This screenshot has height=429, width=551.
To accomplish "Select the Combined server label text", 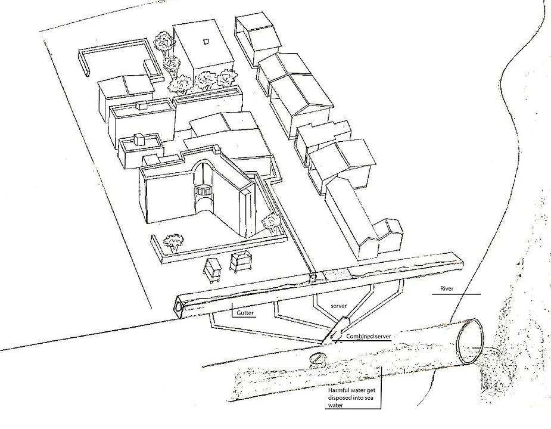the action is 368,337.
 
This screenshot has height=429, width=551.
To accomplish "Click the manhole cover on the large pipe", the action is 317,359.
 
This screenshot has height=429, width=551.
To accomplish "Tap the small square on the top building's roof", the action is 206,42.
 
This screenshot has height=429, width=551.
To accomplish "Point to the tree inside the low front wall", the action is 174,241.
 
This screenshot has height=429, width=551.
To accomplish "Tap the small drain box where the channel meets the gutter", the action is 312,278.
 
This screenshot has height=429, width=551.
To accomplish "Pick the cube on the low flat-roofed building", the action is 139,139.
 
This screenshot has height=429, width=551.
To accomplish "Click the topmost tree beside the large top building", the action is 162,42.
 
